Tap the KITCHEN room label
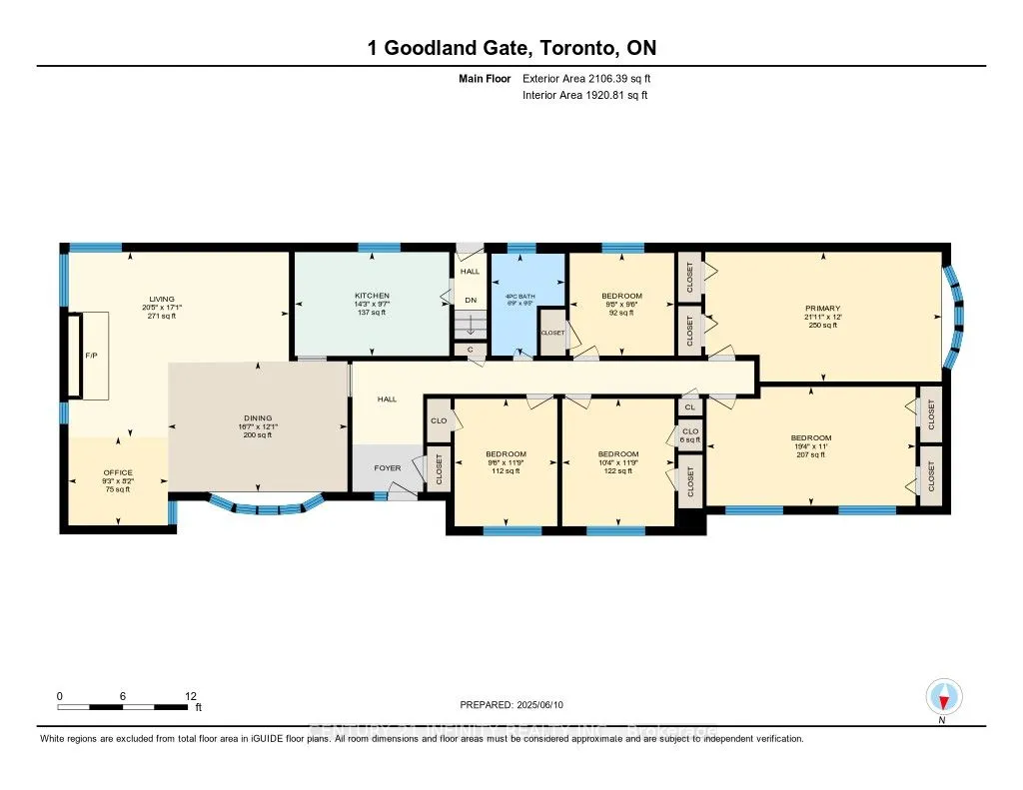pyautogui.click(x=372, y=296)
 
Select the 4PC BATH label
pyautogui.click(x=517, y=296)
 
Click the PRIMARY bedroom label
pyautogui.click(x=824, y=309)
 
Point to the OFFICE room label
pyautogui.click(x=118, y=472)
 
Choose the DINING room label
pyautogui.click(x=258, y=418)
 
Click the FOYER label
pyautogui.click(x=387, y=467)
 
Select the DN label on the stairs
pyautogui.click(x=470, y=300)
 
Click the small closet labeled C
pyautogui.click(x=470, y=350)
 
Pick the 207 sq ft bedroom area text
pyautogui.click(x=810, y=454)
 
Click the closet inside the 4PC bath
pyautogui.click(x=552, y=334)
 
